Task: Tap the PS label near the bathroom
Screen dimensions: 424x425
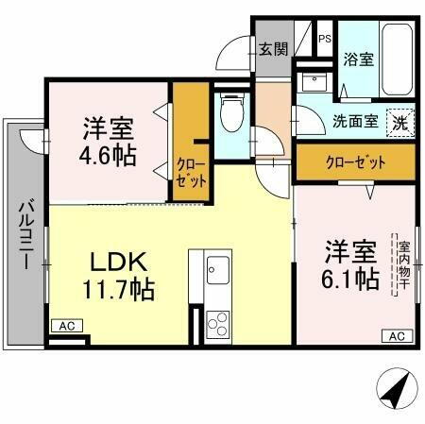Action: pyautogui.click(x=324, y=39)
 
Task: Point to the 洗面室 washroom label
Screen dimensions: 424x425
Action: pyautogui.click(x=354, y=121)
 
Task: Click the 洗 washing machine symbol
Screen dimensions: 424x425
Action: pyautogui.click(x=401, y=122)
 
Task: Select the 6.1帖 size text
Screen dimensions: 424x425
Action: pyautogui.click(x=352, y=279)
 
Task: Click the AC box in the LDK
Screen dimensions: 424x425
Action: pyautogui.click(x=66, y=326)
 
